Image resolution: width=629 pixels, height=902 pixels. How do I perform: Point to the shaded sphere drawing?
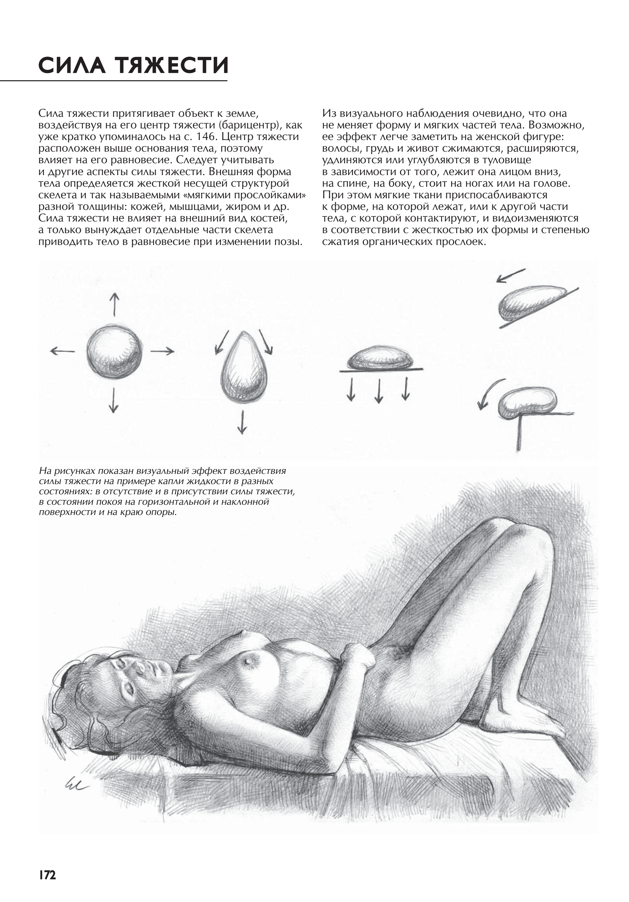(114, 351)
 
